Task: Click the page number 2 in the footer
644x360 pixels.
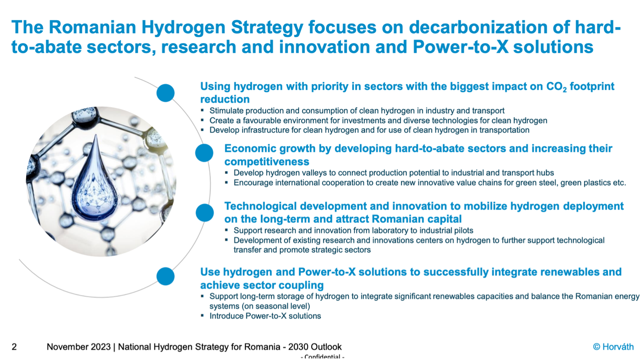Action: coord(14,347)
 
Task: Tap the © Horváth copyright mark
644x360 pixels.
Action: coord(613,347)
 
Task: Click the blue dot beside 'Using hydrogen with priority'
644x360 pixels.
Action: coord(166,93)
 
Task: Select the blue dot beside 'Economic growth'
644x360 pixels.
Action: coord(204,153)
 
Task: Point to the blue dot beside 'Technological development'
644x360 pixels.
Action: coord(205,212)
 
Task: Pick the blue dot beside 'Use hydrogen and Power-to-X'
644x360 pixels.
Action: coord(166,276)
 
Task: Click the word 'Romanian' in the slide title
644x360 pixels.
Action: coord(92,27)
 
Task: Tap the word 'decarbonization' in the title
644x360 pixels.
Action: coord(478,27)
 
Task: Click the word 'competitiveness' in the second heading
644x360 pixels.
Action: coord(267,162)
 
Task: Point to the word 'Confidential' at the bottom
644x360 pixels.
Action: coord(322,356)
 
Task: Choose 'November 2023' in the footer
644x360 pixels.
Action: coord(78,347)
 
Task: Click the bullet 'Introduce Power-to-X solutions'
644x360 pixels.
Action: coord(265,316)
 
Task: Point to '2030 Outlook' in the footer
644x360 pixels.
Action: coord(315,347)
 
